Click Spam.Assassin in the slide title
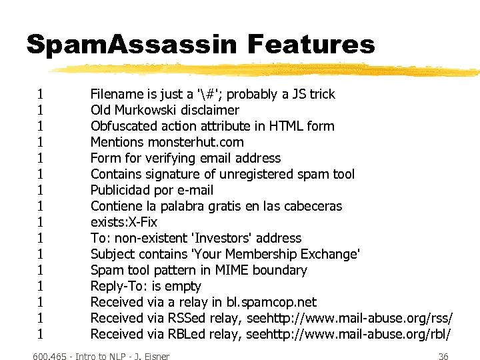(x=131, y=45)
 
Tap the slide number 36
(x=443, y=357)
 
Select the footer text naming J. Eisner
(x=101, y=357)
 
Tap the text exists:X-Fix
(x=124, y=222)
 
